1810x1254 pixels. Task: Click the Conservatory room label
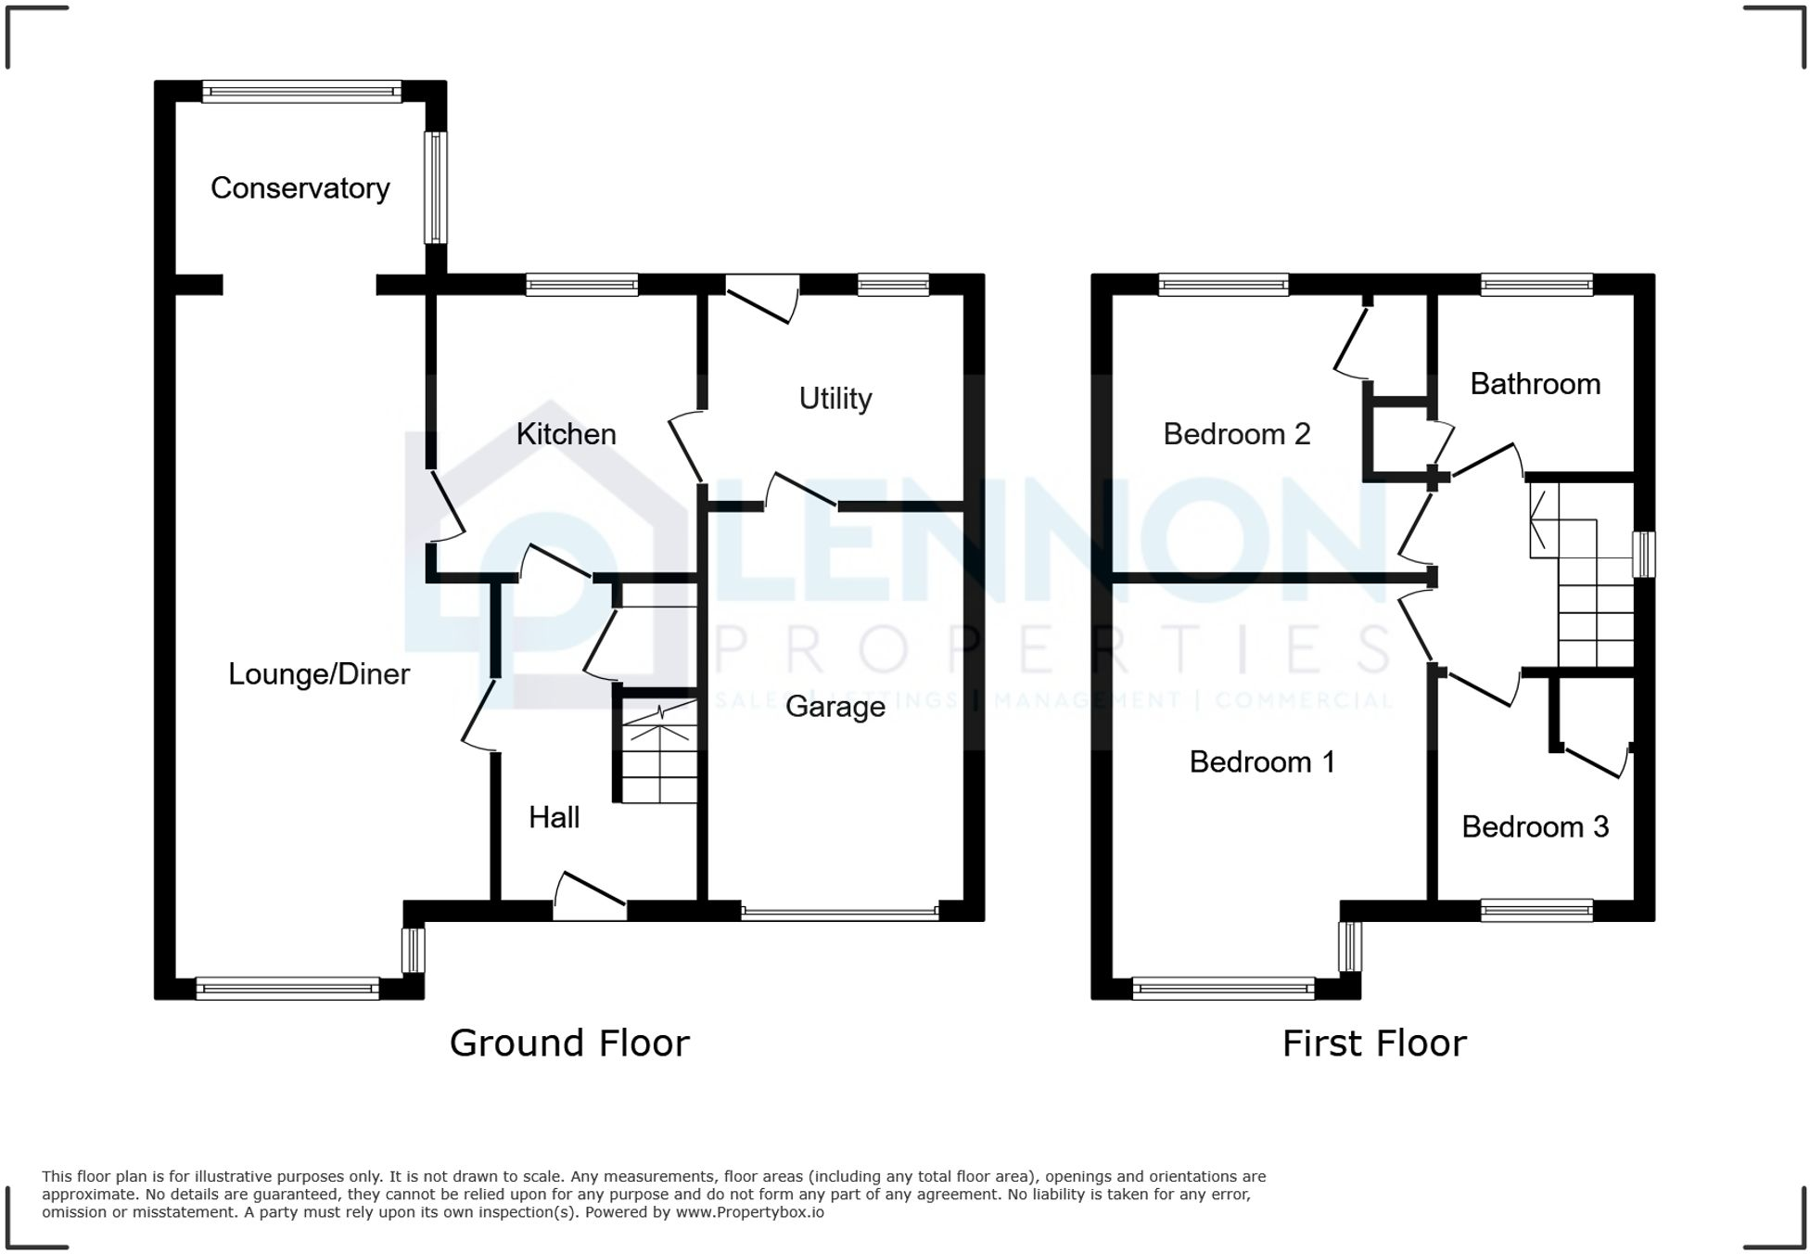[300, 188]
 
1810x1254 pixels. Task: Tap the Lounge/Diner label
[319, 674]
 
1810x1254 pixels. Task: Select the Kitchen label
[566, 434]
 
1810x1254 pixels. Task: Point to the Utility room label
[835, 399]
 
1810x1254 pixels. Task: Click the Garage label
[835, 707]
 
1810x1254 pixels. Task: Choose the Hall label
[554, 817]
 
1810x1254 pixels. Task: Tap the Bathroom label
[1535, 384]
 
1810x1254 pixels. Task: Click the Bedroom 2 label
[1236, 434]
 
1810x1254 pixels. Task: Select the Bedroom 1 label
[1261, 762]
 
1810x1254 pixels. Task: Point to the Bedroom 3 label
[1535, 827]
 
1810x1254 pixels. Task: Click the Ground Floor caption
[569, 1043]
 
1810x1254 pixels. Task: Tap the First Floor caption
[1373, 1043]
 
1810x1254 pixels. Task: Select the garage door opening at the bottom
[839, 913]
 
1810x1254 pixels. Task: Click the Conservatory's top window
[301, 91]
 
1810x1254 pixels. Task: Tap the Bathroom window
[1536, 284]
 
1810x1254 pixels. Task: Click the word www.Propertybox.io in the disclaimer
[749, 1212]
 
